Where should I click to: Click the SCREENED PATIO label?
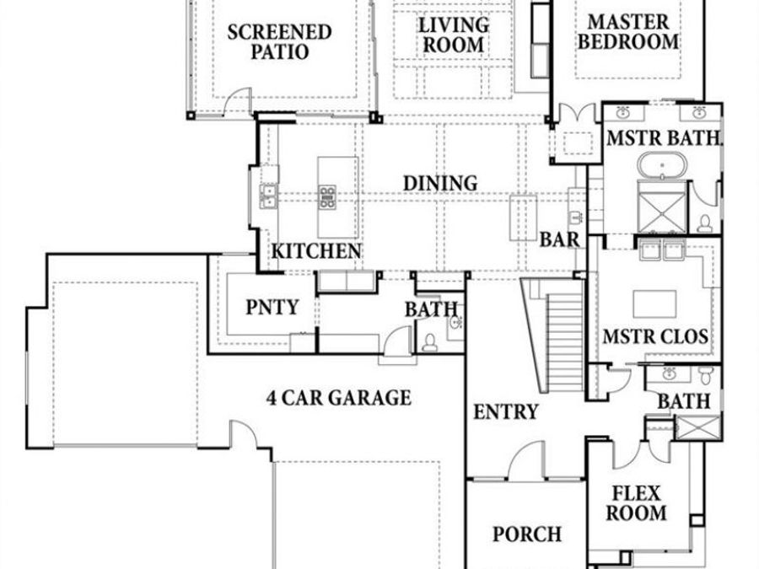point(279,42)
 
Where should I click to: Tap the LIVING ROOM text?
point(453,35)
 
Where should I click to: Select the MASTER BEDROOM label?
point(628,31)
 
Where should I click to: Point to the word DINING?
point(440,183)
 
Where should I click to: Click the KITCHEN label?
point(317,251)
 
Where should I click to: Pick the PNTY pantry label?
point(272,308)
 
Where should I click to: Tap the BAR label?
point(560,239)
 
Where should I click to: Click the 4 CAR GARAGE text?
point(338,397)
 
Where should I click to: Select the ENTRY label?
point(505,411)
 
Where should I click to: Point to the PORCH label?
point(527,534)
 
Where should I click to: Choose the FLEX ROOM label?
point(638,502)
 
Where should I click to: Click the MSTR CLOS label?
point(655,337)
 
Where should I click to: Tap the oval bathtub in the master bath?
point(662,164)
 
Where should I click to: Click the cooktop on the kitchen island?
point(327,197)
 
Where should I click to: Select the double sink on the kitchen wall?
point(269,196)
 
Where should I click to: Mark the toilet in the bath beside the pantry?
point(430,341)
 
